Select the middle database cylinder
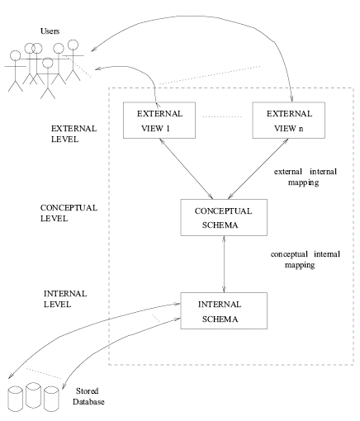(35, 395)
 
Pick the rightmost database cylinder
(54, 397)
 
